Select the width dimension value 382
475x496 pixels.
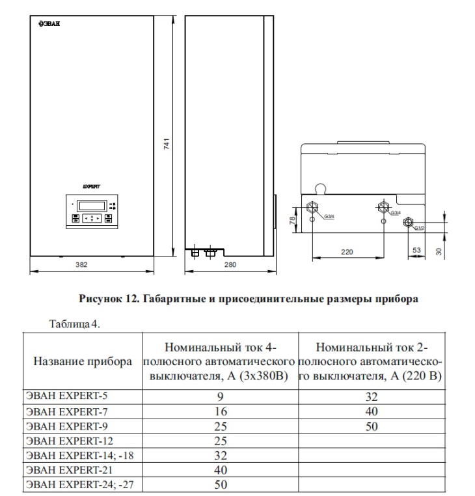pos(81,265)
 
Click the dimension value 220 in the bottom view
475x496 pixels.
pos(347,251)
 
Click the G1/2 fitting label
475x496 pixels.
pos(419,228)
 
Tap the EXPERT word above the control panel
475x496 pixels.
pos(90,186)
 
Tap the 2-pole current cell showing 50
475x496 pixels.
pos(372,427)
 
